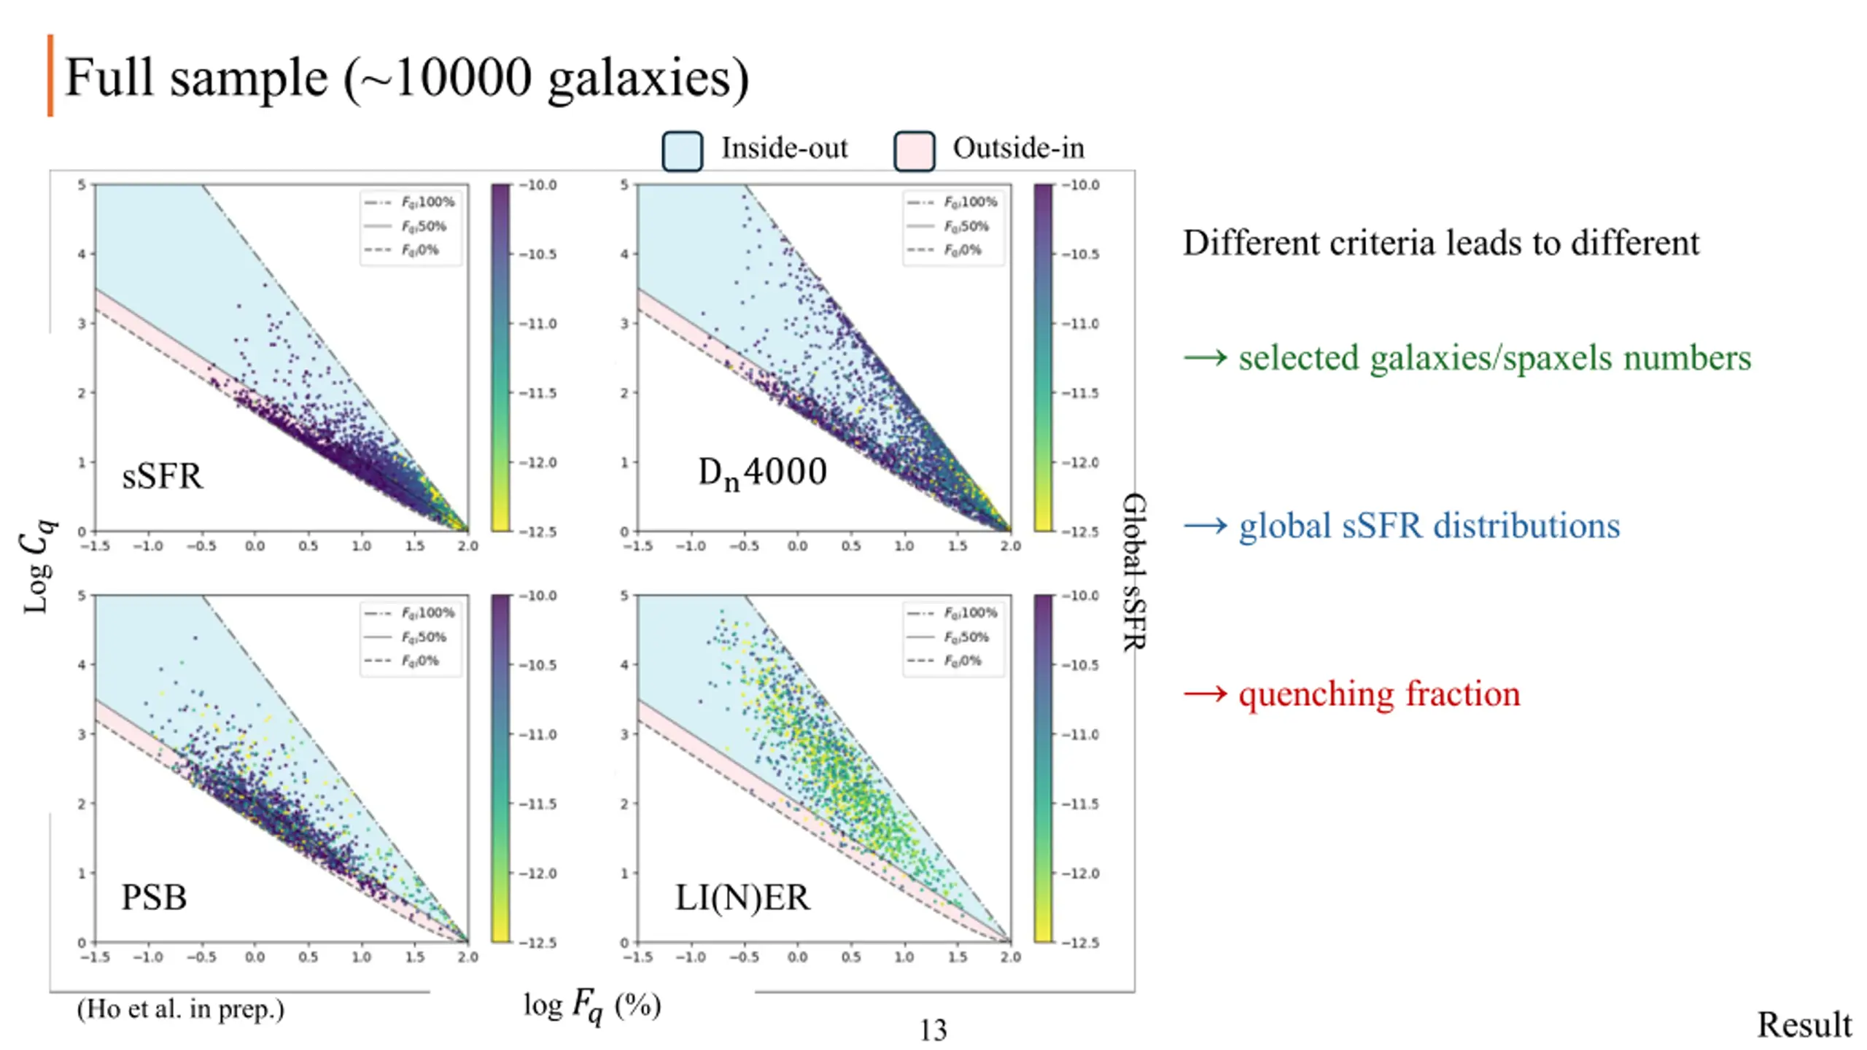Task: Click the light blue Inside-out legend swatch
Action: point(682,151)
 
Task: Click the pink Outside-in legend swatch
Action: point(914,151)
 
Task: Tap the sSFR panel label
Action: point(162,476)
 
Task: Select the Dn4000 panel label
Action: point(762,472)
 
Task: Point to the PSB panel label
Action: point(154,897)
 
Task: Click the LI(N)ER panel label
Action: point(742,897)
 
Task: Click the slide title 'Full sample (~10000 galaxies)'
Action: point(407,77)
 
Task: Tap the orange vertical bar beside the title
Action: point(50,75)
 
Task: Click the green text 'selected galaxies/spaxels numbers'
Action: point(1494,358)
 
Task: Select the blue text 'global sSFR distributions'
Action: point(1429,526)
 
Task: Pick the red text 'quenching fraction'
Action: point(1379,693)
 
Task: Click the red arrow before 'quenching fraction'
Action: point(1205,693)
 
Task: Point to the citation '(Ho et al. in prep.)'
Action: point(180,1009)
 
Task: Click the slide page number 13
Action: point(933,1030)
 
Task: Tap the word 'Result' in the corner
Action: point(1804,1024)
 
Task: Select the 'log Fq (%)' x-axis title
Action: point(592,1006)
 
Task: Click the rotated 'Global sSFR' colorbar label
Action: point(1134,572)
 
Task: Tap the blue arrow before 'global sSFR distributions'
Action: point(1205,526)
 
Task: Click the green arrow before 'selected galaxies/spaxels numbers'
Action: point(1205,358)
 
